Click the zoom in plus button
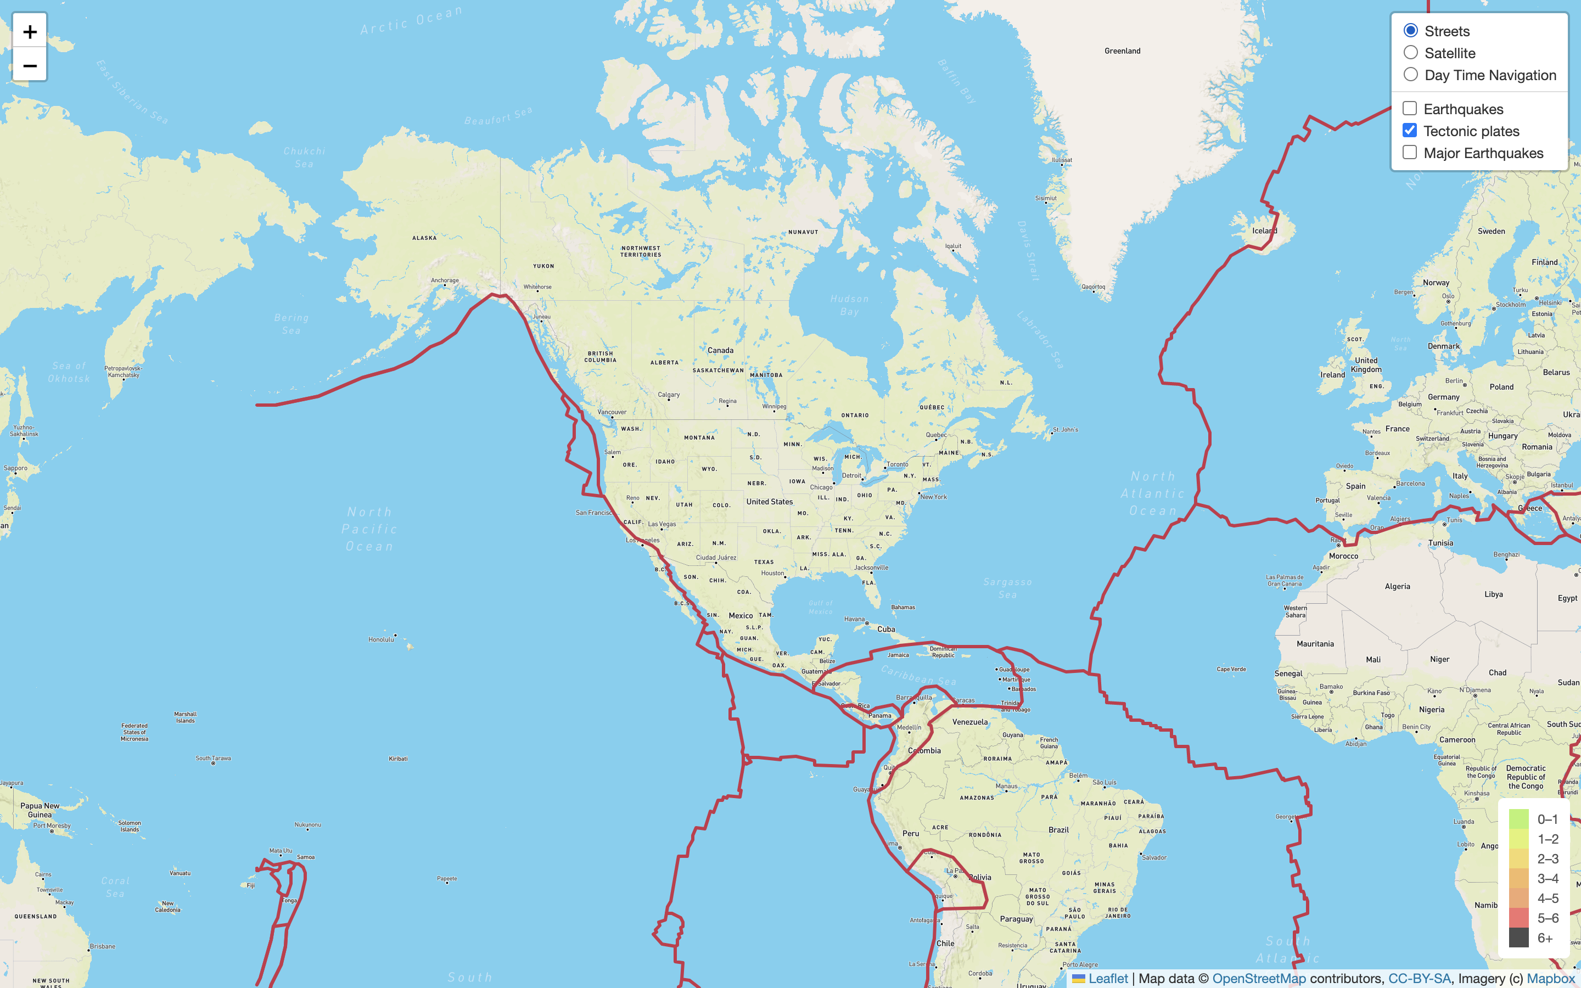(30, 31)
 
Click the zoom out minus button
(30, 65)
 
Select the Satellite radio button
(1410, 53)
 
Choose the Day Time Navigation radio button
(1410, 75)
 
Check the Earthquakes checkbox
(1410, 109)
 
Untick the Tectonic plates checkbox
(1410, 131)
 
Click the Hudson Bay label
(849, 305)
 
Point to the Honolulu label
(382, 639)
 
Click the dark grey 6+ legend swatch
(1519, 938)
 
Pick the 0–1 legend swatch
(1519, 819)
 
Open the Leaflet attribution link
(1107, 978)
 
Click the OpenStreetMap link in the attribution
(1259, 978)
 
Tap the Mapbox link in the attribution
(1550, 978)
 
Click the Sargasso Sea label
(1007, 588)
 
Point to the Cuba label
(886, 629)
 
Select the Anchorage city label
(445, 280)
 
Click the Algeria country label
(1398, 586)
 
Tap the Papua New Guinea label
(40, 810)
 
